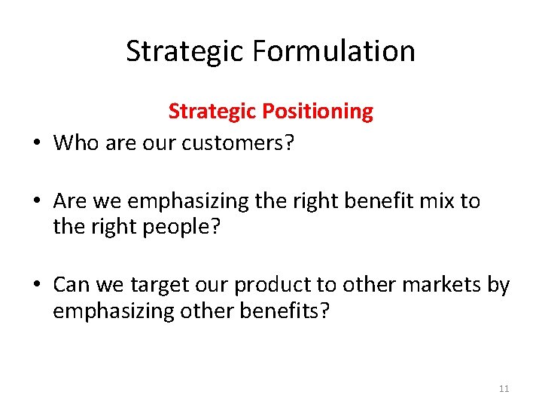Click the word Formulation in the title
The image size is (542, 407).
tap(333, 51)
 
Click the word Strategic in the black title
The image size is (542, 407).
tap(184, 51)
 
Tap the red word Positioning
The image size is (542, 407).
tap(318, 112)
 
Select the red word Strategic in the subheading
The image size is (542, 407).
tap(213, 112)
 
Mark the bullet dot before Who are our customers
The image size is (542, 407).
tap(36, 142)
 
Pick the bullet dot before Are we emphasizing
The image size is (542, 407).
tap(36, 202)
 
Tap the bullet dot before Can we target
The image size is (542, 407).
tap(36, 286)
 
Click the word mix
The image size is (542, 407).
tap(437, 201)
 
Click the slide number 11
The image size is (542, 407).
tap(504, 389)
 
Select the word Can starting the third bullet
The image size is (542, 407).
tap(72, 285)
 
